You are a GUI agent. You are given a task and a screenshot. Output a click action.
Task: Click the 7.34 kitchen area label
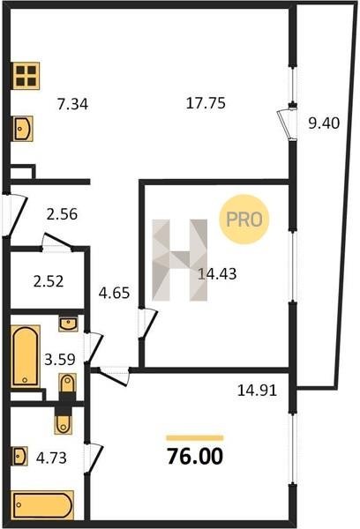pyautogui.click(x=72, y=104)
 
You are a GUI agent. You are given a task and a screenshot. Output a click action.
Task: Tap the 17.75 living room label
pyautogui.click(x=206, y=102)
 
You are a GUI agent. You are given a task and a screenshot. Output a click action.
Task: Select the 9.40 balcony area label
pyautogui.click(x=324, y=123)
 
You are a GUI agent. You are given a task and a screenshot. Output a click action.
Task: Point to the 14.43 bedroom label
pyautogui.click(x=217, y=273)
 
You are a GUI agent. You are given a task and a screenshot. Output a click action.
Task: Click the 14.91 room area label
pyautogui.click(x=257, y=391)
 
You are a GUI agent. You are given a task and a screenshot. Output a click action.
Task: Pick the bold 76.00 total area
pyautogui.click(x=195, y=456)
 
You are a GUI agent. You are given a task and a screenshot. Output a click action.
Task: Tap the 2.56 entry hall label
pyautogui.click(x=62, y=214)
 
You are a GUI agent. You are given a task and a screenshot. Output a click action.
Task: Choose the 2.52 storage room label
pyautogui.click(x=49, y=281)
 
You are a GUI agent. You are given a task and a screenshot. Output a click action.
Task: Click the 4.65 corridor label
pyautogui.click(x=114, y=293)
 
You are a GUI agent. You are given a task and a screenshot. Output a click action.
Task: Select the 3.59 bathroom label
pyautogui.click(x=60, y=360)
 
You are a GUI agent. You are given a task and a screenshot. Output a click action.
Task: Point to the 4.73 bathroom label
pyautogui.click(x=51, y=458)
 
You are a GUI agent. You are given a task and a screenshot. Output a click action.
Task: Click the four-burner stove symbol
pyautogui.click(x=26, y=76)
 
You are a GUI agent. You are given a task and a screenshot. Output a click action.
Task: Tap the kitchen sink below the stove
pyautogui.click(x=23, y=129)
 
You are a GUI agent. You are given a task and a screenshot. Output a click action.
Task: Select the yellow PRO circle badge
pyautogui.click(x=244, y=220)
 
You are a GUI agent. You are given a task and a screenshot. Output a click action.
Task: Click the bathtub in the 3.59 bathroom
pyautogui.click(x=26, y=356)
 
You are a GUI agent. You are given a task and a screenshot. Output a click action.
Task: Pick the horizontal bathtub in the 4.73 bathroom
pyautogui.click(x=42, y=504)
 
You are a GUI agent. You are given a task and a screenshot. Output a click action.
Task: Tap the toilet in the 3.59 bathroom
pyautogui.click(x=68, y=384)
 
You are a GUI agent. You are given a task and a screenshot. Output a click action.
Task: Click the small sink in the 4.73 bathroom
pyautogui.click(x=19, y=457)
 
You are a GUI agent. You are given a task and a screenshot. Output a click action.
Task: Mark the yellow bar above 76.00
pyautogui.click(x=195, y=438)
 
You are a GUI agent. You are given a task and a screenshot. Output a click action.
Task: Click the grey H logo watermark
pyautogui.click(x=180, y=260)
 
